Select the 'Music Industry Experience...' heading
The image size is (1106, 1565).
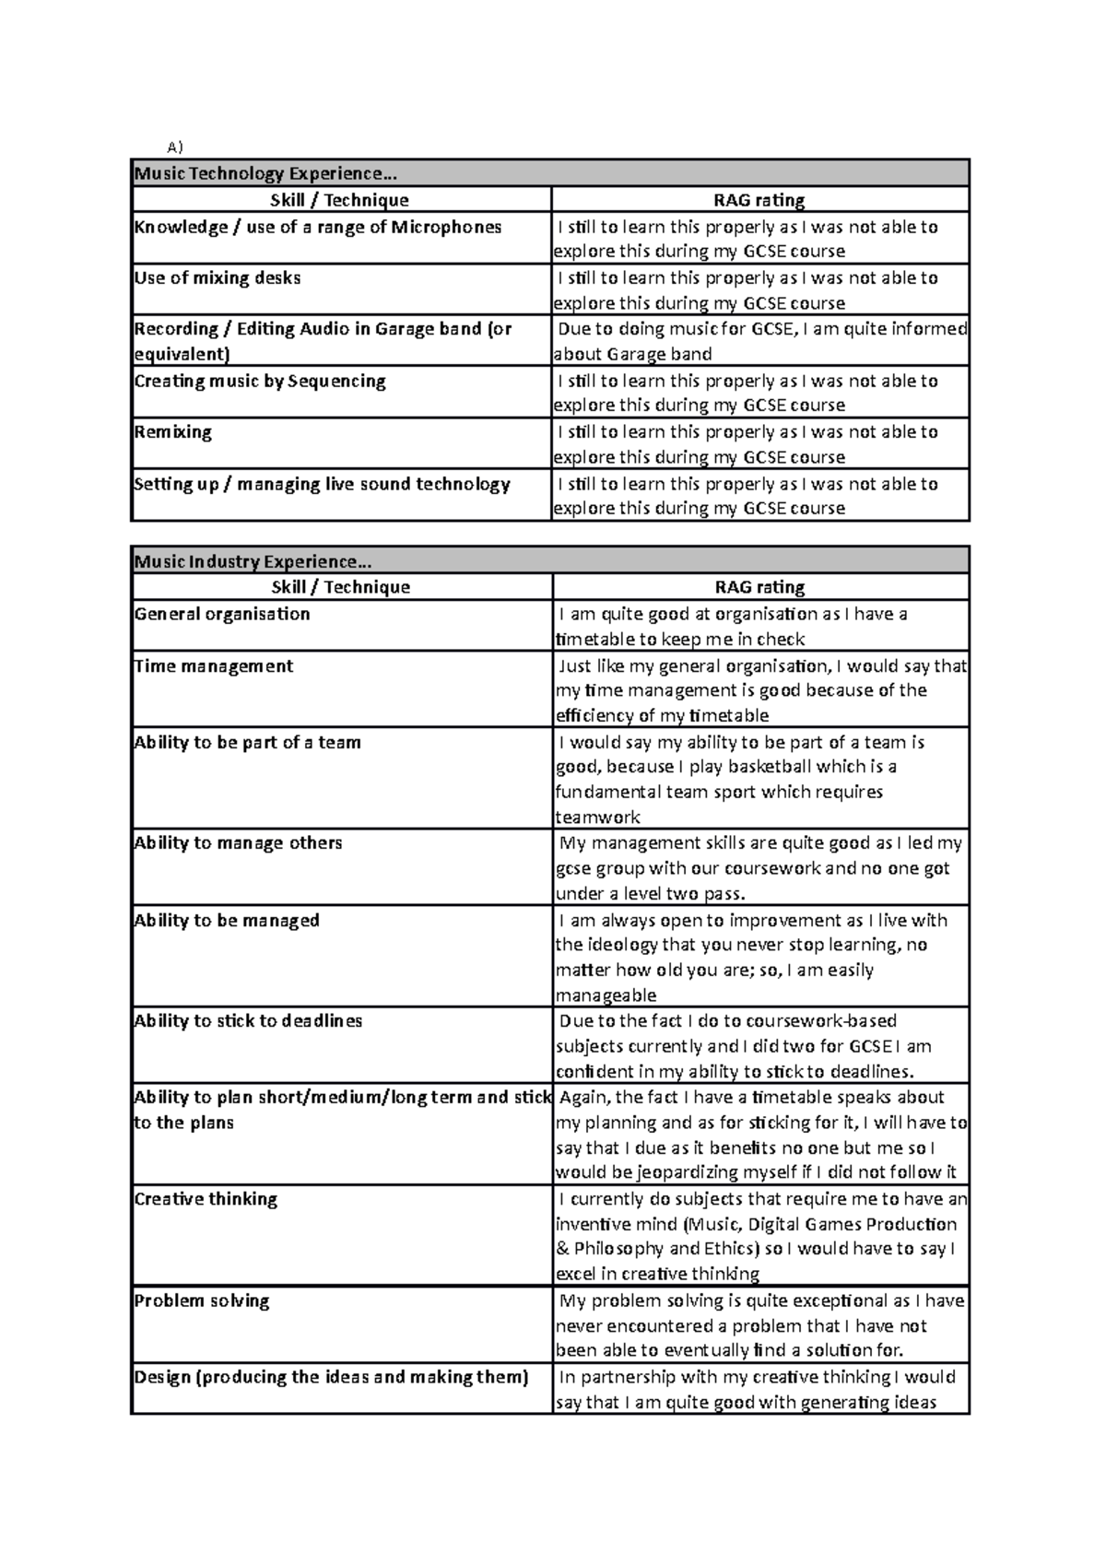(x=253, y=561)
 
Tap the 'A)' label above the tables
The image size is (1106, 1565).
(x=175, y=147)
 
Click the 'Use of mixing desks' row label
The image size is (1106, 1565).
(x=218, y=277)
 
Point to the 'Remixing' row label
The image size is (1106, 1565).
(x=173, y=431)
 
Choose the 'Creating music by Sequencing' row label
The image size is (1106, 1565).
(x=260, y=381)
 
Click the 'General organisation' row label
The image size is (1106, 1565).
(x=222, y=614)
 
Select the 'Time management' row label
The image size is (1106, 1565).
(x=214, y=665)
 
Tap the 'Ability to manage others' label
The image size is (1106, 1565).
(x=238, y=842)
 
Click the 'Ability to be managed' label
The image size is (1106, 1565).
(x=227, y=920)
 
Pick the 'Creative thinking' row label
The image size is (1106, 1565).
(x=206, y=1198)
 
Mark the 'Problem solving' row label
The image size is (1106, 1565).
(x=202, y=1300)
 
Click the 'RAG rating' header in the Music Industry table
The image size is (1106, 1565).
(x=759, y=587)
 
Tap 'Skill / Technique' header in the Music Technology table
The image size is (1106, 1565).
(x=339, y=200)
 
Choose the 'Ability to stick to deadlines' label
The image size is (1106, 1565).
(x=248, y=1020)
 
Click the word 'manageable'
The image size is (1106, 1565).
(x=606, y=995)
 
